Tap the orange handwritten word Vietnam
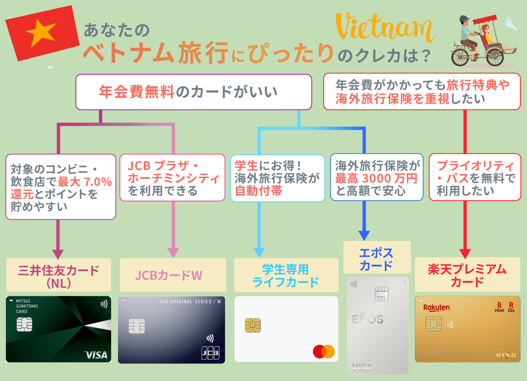pyautogui.click(x=385, y=27)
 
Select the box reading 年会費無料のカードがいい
pyautogui.click(x=193, y=92)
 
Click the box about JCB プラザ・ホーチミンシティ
pyautogui.click(x=173, y=178)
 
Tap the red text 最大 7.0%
pyautogui.click(x=85, y=182)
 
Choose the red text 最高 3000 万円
pyautogui.click(x=376, y=178)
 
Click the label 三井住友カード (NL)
pyautogui.click(x=59, y=275)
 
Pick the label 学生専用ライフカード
pyautogui.click(x=286, y=275)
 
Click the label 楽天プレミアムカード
pyautogui.click(x=467, y=275)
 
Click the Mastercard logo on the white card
pyautogui.click(x=324, y=351)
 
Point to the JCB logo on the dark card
pyautogui.click(x=210, y=353)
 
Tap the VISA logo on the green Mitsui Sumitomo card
pyautogui.click(x=96, y=355)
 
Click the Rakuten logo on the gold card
pyautogui.click(x=437, y=308)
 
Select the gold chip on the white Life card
pyautogui.click(x=253, y=325)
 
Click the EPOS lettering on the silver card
pyautogui.click(x=368, y=318)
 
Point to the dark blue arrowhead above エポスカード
pyautogui.click(x=364, y=236)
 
